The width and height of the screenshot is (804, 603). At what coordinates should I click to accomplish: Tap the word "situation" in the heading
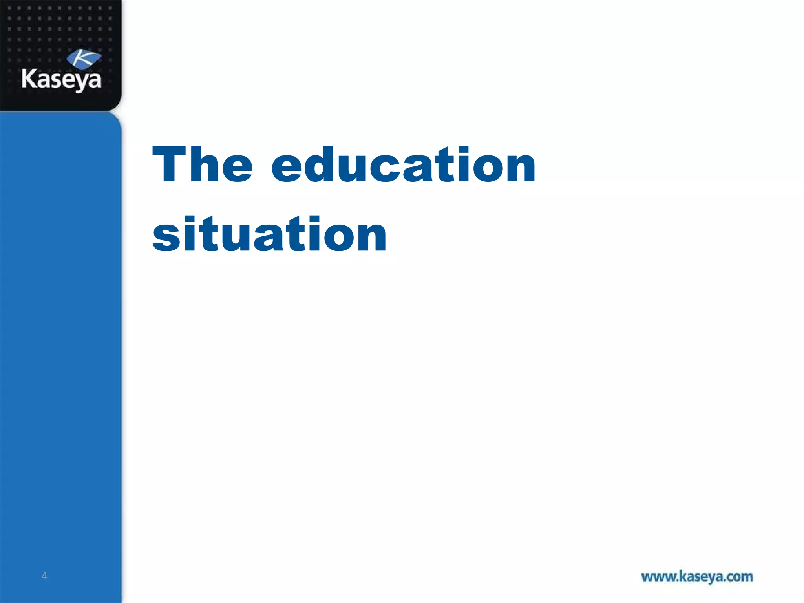[269, 234]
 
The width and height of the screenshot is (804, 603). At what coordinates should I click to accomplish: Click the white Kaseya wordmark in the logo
[61, 79]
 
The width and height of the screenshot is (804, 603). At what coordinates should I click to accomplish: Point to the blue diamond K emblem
[84, 59]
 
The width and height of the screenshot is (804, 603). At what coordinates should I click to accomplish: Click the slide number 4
[44, 576]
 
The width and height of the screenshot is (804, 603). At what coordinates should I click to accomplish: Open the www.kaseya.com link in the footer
[697, 577]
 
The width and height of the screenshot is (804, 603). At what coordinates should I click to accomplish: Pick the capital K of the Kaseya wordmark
[29, 78]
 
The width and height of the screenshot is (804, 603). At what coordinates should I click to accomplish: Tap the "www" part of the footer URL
[658, 577]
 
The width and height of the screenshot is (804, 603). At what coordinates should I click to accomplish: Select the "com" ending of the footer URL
[740, 577]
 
